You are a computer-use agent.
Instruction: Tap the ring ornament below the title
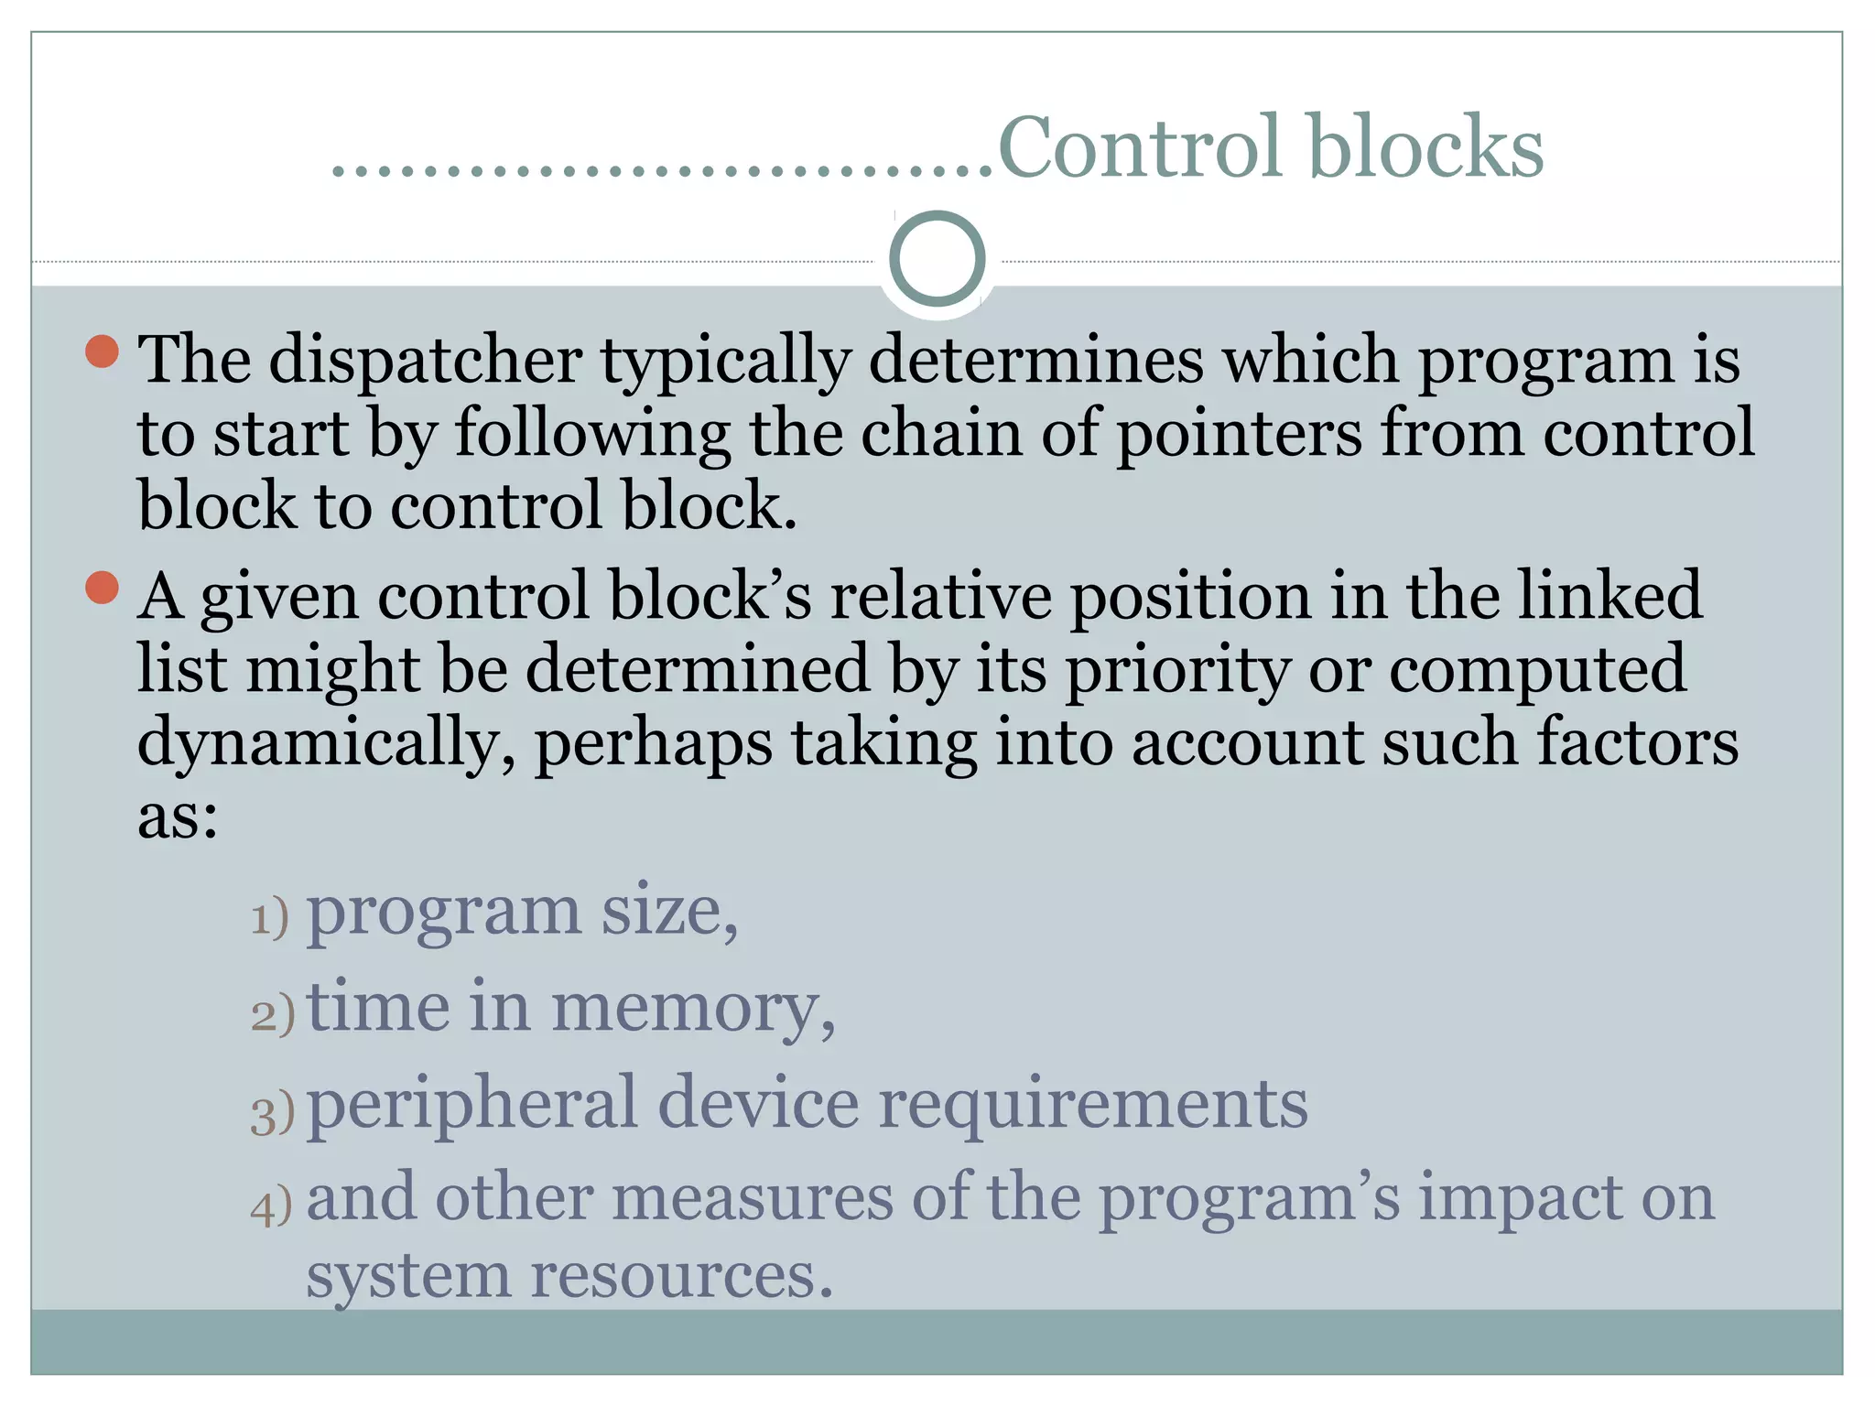tap(937, 259)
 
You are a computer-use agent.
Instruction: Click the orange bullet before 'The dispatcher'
tap(103, 351)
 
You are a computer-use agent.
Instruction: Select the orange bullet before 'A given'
tap(103, 588)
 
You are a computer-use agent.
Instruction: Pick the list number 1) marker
tap(270, 917)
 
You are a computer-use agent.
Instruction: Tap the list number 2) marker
tap(273, 1014)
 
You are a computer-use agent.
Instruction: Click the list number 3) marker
tap(273, 1113)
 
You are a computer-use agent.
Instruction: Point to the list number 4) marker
tap(272, 1206)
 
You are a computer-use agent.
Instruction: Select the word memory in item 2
tap(693, 1009)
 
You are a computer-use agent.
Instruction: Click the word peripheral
tap(471, 1105)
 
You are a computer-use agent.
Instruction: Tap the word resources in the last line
tap(681, 1276)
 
